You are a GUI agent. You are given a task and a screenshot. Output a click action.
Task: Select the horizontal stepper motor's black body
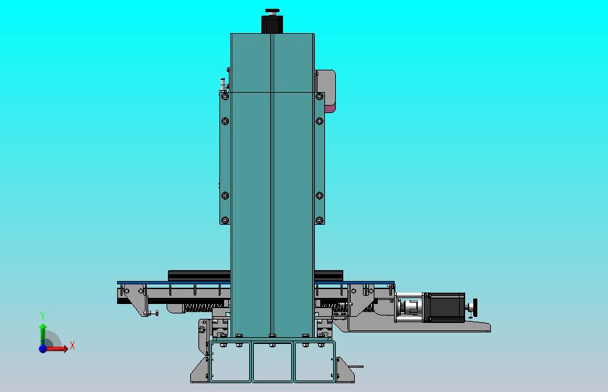click(x=447, y=306)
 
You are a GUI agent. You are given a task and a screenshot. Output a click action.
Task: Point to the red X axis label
click(x=72, y=346)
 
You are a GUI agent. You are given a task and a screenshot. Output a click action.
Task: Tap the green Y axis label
click(x=43, y=316)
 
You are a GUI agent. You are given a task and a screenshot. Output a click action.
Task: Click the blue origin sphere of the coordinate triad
click(x=43, y=349)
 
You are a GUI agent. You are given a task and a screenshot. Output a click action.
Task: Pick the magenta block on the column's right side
click(x=330, y=108)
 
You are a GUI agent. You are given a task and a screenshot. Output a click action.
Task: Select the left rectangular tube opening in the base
click(x=230, y=362)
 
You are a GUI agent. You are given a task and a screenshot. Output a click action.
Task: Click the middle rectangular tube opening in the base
click(x=272, y=362)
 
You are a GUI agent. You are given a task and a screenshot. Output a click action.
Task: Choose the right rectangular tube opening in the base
click(x=314, y=362)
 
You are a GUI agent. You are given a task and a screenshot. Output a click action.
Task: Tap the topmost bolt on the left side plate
click(x=225, y=96)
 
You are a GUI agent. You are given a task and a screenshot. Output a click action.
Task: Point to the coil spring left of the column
click(x=198, y=307)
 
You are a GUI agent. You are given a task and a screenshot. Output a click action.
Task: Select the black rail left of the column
click(x=199, y=275)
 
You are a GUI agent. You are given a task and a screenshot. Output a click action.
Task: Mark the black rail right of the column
click(x=329, y=275)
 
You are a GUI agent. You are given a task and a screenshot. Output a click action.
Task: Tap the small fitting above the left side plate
click(x=223, y=83)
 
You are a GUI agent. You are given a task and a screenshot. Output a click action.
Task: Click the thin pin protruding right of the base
click(x=355, y=367)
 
